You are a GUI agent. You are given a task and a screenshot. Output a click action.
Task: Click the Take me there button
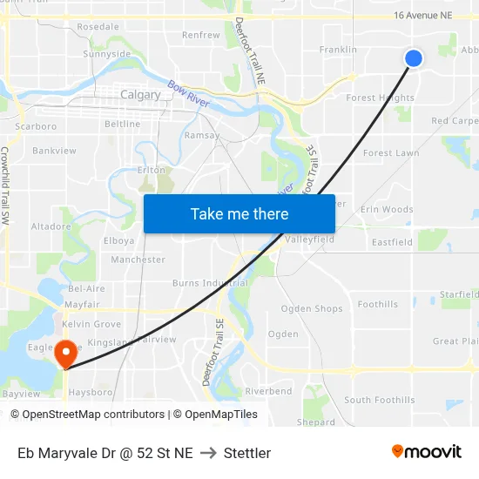pyautogui.click(x=239, y=213)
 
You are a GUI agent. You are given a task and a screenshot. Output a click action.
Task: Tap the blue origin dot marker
pyautogui.click(x=414, y=57)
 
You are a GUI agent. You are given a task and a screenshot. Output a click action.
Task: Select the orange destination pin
pyautogui.click(x=65, y=354)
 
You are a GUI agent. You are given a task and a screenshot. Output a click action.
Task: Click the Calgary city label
pyautogui.click(x=140, y=95)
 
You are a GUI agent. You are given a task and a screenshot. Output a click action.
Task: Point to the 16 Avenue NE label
pyautogui.click(x=423, y=16)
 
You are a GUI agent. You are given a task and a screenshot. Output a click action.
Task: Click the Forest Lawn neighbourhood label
pyautogui.click(x=391, y=153)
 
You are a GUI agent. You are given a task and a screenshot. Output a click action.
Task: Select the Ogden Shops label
pyautogui.click(x=312, y=309)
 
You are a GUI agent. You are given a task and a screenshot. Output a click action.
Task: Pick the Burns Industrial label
pyautogui.click(x=210, y=283)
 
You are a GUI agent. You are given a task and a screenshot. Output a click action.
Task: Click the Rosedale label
pyautogui.click(x=98, y=27)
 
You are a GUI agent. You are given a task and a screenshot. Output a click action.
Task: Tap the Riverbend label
pyautogui.click(x=268, y=392)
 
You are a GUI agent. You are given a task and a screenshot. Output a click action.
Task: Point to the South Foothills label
pyautogui.click(x=379, y=400)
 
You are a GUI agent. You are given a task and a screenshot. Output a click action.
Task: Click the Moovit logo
pyautogui.click(x=427, y=452)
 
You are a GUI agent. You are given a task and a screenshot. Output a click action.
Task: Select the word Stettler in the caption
pyautogui.click(x=247, y=453)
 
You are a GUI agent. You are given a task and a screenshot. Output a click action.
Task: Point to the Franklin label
pyautogui.click(x=338, y=50)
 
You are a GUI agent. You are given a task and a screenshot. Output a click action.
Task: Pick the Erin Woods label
pyautogui.click(x=387, y=210)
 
